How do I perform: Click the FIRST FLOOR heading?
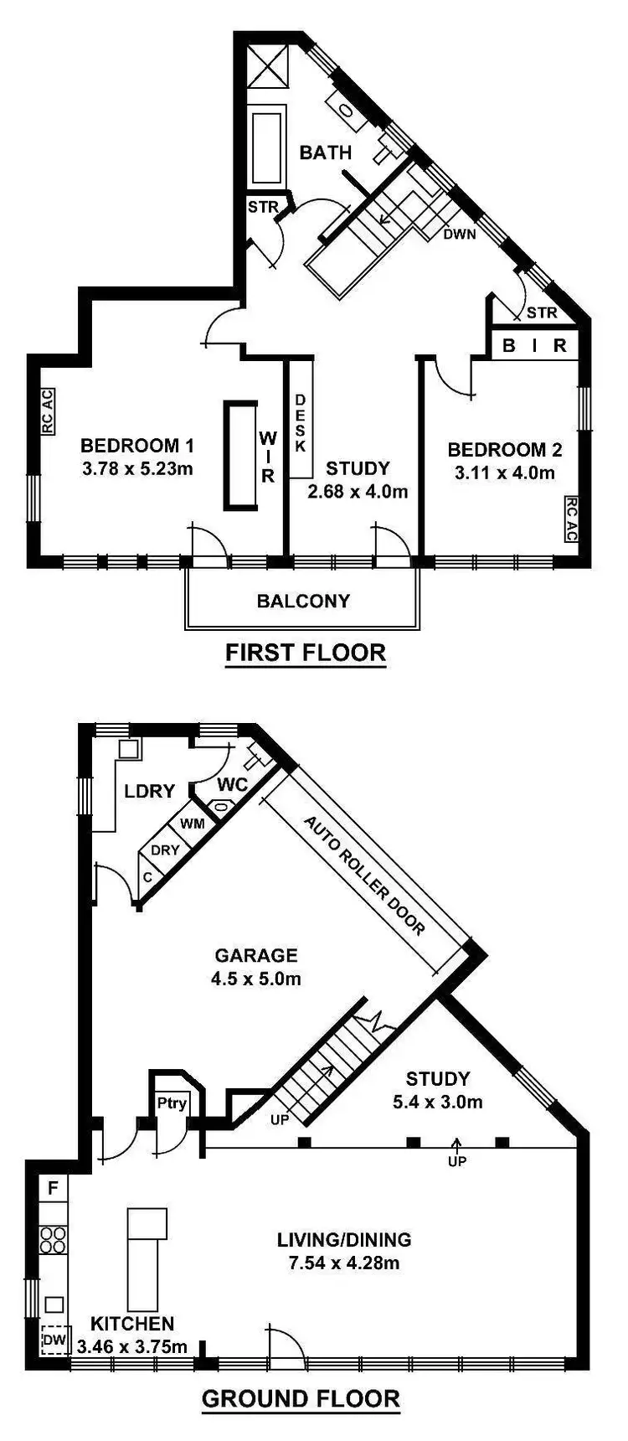pos(306,653)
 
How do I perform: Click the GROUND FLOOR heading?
pos(301,1398)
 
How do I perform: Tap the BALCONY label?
pos(303,601)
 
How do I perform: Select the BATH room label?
pos(326,152)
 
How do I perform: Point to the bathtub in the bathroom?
pos(268,144)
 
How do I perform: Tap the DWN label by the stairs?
pos(459,234)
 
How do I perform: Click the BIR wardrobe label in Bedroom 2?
pos(534,345)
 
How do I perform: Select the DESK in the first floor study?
pos(301,423)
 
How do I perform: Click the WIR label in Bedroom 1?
pos(267,457)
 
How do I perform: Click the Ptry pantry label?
pos(172,1103)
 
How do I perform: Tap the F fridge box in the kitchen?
pos(53,1187)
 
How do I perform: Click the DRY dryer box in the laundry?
pos(165,850)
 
